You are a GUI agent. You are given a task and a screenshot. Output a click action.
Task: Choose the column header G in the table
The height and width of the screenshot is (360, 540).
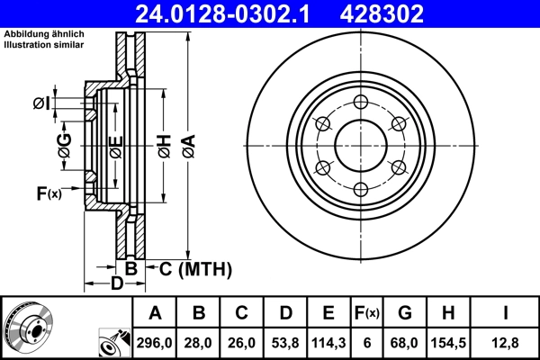(x=405, y=313)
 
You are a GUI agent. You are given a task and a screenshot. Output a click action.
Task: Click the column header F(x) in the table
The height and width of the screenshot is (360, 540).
(x=367, y=313)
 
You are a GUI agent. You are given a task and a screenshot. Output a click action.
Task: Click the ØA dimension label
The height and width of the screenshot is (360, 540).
(x=187, y=144)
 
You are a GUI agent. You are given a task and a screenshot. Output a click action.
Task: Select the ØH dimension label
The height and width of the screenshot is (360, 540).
(x=163, y=144)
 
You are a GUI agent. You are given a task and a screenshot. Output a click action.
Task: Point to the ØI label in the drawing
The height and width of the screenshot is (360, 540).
(x=41, y=104)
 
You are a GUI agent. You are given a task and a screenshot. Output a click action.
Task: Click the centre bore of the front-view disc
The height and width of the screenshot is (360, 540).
(x=360, y=144)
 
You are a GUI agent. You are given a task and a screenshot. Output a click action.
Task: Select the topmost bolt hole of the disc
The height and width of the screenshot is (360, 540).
(x=360, y=101)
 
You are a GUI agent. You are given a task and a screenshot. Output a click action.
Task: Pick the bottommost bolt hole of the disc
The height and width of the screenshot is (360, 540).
(x=360, y=188)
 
